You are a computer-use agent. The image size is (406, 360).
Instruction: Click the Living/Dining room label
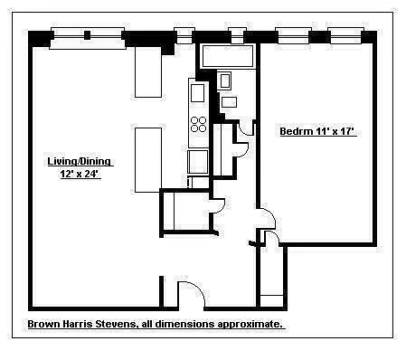[x=80, y=161]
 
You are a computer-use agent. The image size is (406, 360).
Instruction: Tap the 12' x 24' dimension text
[x=80, y=174]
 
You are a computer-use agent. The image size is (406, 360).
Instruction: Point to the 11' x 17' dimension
[x=335, y=131]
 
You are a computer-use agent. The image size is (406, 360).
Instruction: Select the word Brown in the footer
[x=44, y=324]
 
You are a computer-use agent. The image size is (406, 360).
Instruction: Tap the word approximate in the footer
[x=250, y=325]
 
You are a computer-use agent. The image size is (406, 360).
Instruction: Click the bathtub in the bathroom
[x=228, y=56]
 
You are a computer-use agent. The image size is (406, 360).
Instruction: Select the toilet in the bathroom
[x=225, y=81]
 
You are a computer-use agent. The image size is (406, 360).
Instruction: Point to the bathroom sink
[x=230, y=102]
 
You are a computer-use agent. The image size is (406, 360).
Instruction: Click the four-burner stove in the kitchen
[x=198, y=124]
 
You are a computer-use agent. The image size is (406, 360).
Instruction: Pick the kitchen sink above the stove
[x=198, y=93]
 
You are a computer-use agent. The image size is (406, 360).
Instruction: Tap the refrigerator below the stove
[x=198, y=162]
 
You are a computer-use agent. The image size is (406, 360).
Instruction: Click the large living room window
[x=88, y=38]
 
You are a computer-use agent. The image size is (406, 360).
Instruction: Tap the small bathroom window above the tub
[x=237, y=35]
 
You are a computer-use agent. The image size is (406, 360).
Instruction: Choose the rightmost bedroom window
[x=346, y=35]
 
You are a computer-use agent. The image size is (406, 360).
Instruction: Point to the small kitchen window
[x=184, y=35]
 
